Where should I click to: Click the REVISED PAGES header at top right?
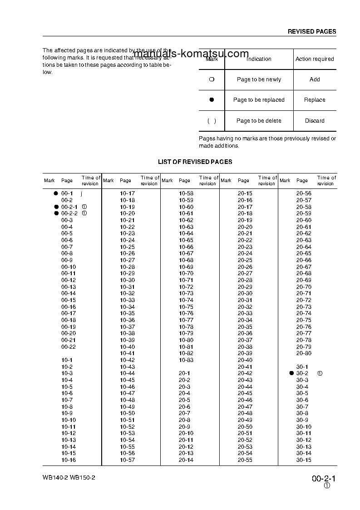point(312,32)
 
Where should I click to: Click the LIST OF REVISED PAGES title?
point(195,162)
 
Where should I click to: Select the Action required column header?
point(315,59)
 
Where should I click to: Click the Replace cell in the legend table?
point(315,100)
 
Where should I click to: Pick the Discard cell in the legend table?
point(315,121)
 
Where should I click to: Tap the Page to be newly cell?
point(259,79)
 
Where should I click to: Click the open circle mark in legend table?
point(211,79)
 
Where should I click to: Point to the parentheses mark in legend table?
point(212,121)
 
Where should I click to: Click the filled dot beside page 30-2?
point(291,373)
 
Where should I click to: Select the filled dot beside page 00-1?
point(56,193)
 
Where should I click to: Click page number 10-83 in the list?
point(186,360)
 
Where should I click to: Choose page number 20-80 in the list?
point(304,353)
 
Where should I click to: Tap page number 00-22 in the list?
point(69,347)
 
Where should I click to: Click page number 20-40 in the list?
point(245,360)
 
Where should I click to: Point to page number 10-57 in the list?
point(127,460)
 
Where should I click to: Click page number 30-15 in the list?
point(304,460)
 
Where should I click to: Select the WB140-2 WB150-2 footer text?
point(69,478)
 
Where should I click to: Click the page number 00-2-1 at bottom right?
point(323,479)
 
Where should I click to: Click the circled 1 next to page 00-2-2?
point(84,213)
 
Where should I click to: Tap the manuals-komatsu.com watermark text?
point(192,54)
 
